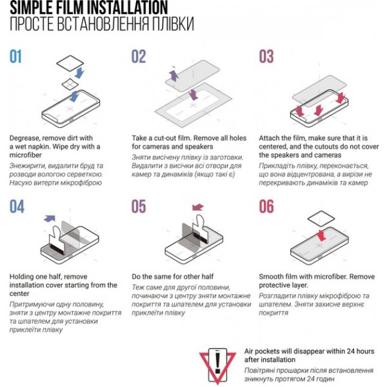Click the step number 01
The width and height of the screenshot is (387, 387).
pos(15,56)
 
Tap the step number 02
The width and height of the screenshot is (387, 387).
pos(139,56)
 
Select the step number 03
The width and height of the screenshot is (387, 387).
pos(266,56)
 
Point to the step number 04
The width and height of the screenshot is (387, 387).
pos(17,206)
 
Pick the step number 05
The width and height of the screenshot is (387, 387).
pos(139,206)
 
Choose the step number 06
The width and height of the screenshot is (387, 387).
pos(266,206)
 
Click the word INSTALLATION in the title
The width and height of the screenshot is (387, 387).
pos(127,7)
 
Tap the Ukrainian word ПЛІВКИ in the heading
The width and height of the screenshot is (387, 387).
pos(172,24)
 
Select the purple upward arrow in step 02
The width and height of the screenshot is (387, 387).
pos(174,75)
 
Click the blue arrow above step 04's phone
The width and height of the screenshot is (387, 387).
pos(50,219)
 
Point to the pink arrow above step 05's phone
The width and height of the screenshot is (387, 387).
pos(198,207)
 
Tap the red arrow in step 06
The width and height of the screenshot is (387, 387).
pos(321,235)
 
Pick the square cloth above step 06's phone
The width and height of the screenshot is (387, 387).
pos(321,219)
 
